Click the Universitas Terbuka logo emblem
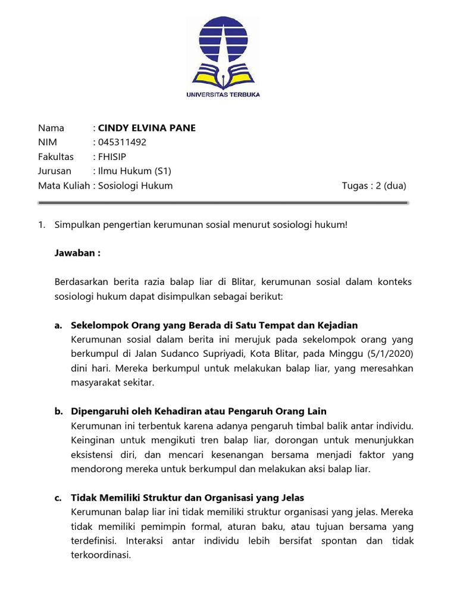tap(223, 51)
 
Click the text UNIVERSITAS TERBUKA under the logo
tap(223, 94)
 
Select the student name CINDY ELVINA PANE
tap(146, 128)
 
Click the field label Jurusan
tap(55, 171)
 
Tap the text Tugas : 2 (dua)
tap(374, 186)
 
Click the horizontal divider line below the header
tap(223, 203)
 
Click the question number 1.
tap(41, 225)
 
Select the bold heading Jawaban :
tap(77, 253)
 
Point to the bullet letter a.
tap(58, 325)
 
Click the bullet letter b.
tap(58, 412)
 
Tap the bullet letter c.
tap(58, 498)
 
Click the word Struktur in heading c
tap(164, 498)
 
